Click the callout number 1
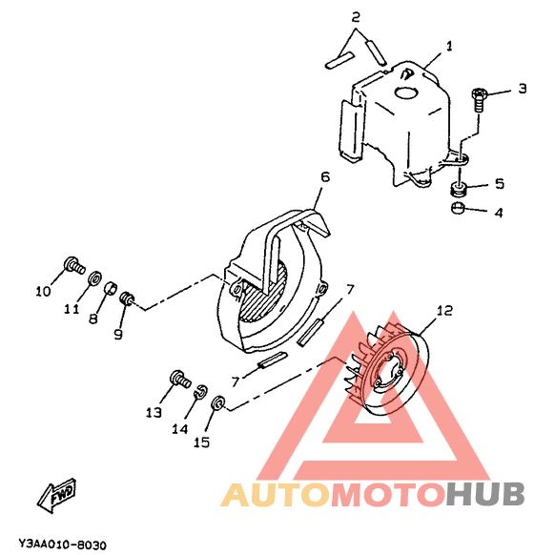point(449,46)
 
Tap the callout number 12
point(444,311)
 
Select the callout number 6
point(325,176)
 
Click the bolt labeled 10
point(74,265)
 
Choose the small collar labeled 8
point(111,289)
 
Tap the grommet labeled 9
point(126,299)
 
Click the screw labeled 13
point(180,380)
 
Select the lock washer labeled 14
point(201,392)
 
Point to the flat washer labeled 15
point(218,403)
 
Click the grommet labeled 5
point(460,188)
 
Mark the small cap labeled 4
point(457,208)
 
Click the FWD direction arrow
point(56,496)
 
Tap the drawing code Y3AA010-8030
point(62,545)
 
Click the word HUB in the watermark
point(485,494)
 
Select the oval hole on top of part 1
point(406,92)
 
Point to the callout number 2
point(356,17)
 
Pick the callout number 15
point(202,442)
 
